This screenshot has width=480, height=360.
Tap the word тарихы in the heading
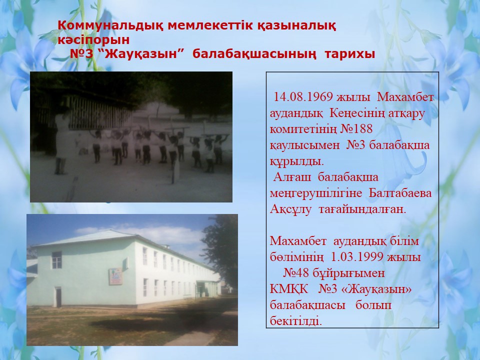(350, 54)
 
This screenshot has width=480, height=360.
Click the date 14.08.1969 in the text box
(303, 96)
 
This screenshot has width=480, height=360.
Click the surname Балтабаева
(400, 193)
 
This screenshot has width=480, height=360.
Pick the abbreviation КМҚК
(284, 289)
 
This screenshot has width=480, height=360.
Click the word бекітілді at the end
(295, 321)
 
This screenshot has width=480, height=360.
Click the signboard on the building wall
(115, 276)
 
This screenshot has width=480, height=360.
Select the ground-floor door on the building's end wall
(58, 297)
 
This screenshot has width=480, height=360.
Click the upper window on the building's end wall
(56, 260)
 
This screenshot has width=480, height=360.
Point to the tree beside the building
(221, 245)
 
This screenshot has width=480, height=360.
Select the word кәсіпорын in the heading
(93, 40)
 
